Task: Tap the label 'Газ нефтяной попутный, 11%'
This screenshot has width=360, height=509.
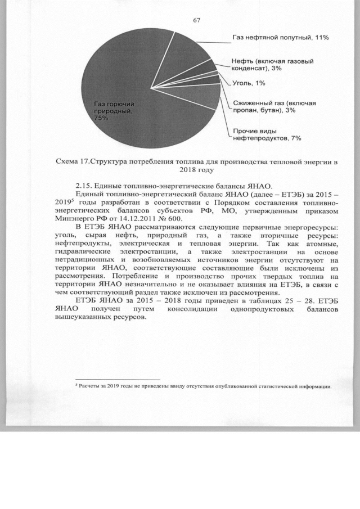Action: [x=281, y=38]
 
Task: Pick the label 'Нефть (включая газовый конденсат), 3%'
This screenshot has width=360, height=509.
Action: [x=272, y=64]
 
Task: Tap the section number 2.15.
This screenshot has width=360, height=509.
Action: [x=84, y=187]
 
